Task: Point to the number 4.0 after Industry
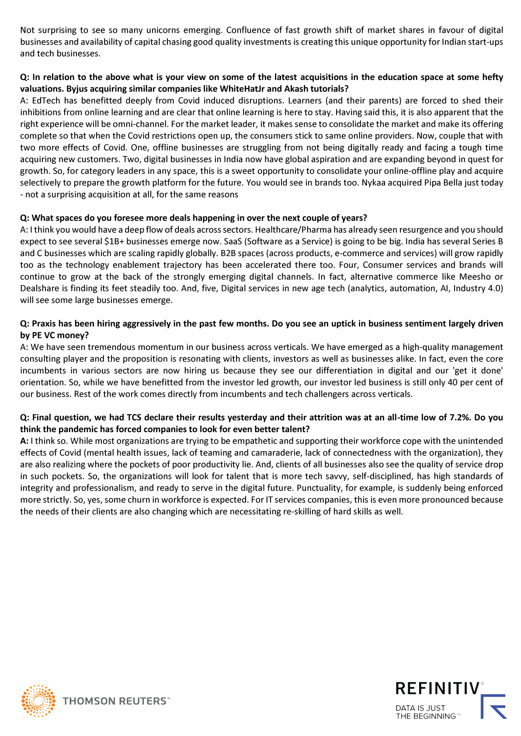tap(496, 288)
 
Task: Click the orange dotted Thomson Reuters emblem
tap(38, 701)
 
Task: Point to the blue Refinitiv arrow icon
tap(494, 707)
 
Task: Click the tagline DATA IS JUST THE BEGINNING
tap(425, 712)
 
